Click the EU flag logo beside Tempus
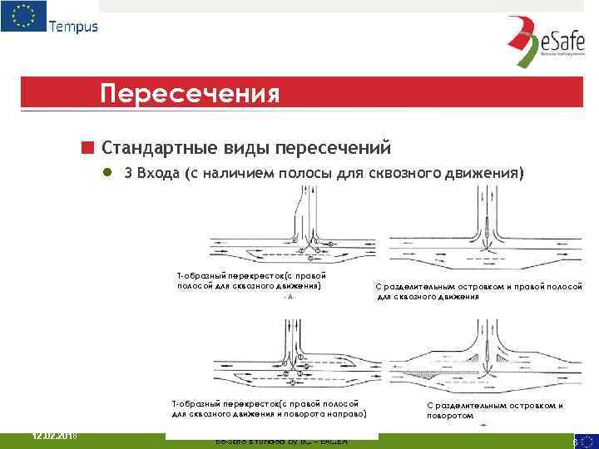tap(23, 17)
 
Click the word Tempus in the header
tap(73, 26)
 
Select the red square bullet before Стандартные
tap(87, 148)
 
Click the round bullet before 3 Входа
tap(107, 174)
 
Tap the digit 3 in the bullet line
tap(128, 174)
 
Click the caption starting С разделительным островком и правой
tap(478, 291)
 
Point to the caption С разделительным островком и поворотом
tap(494, 410)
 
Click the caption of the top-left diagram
tap(250, 281)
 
